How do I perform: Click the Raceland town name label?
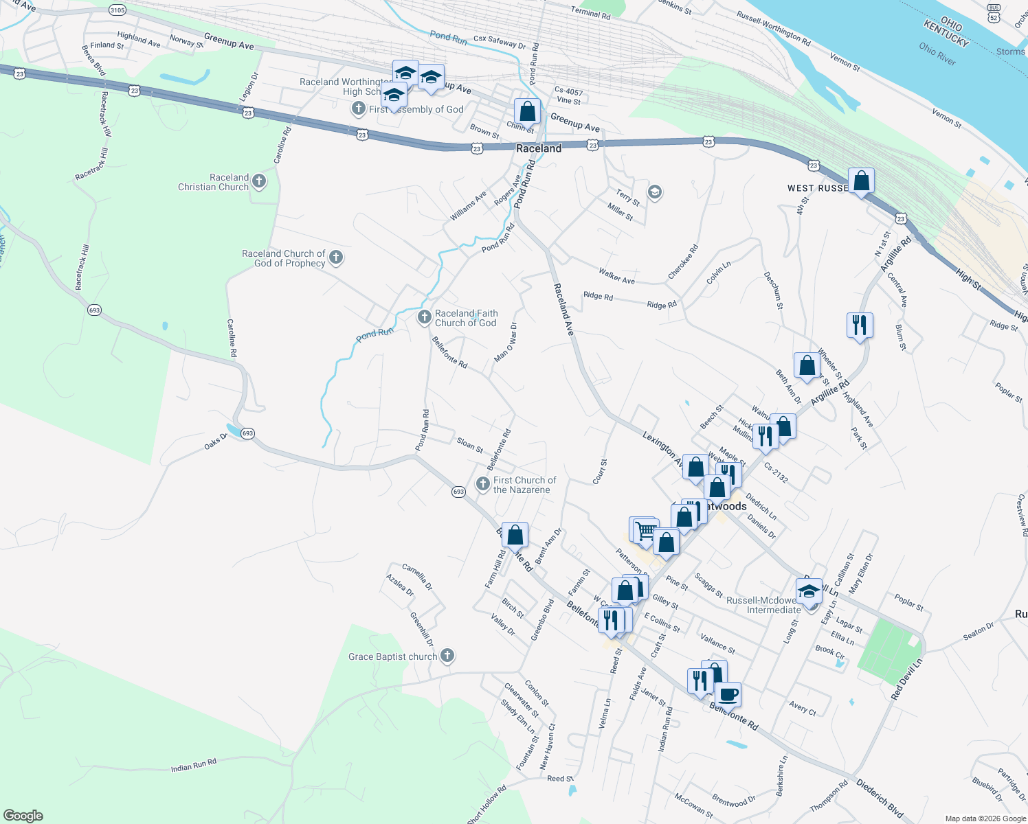[x=539, y=148]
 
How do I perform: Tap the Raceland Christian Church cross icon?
[x=259, y=181]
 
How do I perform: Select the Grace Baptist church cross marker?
[x=447, y=656]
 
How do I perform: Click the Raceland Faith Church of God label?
[x=466, y=318]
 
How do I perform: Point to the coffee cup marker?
[x=728, y=694]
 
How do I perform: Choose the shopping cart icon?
[x=645, y=530]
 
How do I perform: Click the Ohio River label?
[x=937, y=54]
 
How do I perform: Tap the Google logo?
[x=23, y=816]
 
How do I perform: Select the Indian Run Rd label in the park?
[x=194, y=765]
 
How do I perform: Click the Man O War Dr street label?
[x=506, y=342]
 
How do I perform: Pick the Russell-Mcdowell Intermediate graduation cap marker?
[x=809, y=591]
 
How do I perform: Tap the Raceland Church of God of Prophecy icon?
[x=336, y=257]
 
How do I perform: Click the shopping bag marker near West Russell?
[x=861, y=181]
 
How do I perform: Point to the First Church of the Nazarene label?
[x=524, y=485]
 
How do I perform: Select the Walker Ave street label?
[x=616, y=276]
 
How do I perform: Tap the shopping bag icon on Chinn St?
[x=527, y=111]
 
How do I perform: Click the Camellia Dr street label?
[x=417, y=577]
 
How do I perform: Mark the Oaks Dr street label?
[x=215, y=441]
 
